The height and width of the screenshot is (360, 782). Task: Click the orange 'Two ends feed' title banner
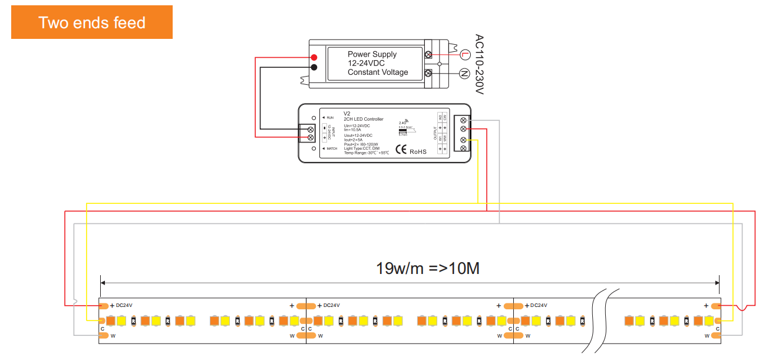tap(92, 22)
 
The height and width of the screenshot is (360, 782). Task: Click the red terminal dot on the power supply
tap(314, 57)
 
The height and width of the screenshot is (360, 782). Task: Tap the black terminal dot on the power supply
tap(314, 67)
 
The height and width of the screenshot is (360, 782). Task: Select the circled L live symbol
tap(464, 55)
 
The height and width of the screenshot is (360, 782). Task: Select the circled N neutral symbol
tap(464, 74)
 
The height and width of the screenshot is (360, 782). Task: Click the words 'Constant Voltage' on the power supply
tap(378, 72)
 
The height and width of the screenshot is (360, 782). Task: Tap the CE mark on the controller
tap(401, 150)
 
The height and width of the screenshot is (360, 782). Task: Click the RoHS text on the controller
tap(418, 151)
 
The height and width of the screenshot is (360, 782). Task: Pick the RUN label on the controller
tap(329, 118)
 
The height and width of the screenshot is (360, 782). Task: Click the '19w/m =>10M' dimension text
tap(428, 269)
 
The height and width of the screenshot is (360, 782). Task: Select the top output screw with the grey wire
tap(463, 119)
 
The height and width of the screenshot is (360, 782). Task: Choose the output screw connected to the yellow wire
tap(463, 140)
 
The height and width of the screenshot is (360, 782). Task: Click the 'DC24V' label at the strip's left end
tap(124, 306)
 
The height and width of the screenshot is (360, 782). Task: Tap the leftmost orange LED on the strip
tap(110, 321)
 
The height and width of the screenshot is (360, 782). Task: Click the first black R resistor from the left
tap(134, 321)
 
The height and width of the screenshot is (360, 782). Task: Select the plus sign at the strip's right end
tap(706, 306)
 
